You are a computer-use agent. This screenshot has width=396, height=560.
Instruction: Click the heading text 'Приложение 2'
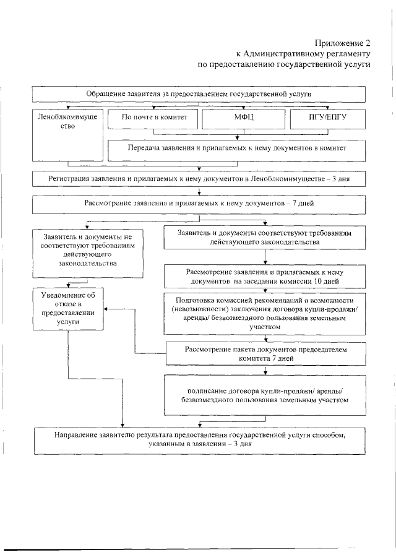click(x=342, y=43)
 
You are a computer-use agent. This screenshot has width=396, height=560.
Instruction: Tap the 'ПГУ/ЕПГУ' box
click(x=325, y=116)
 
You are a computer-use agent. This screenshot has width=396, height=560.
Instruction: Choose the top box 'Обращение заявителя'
click(x=198, y=93)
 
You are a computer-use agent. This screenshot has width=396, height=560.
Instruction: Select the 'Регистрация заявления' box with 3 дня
click(x=198, y=179)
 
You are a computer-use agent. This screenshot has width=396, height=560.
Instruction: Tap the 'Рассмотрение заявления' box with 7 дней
click(x=198, y=203)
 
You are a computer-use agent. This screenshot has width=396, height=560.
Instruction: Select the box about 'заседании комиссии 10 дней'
click(x=264, y=277)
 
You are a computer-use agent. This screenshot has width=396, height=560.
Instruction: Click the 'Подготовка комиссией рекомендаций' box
click(x=264, y=312)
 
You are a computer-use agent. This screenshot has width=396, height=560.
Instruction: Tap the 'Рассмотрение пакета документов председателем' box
click(x=264, y=354)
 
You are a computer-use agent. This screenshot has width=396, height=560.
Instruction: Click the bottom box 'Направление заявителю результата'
click(x=198, y=440)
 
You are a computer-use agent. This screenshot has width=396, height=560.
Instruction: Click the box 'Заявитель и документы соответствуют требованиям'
click(x=264, y=239)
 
